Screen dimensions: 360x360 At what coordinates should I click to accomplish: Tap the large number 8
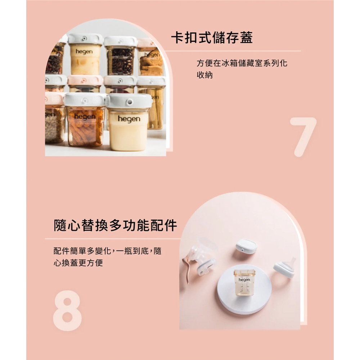coord(67,311)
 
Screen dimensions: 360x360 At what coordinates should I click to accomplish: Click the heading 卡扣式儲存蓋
coord(212,38)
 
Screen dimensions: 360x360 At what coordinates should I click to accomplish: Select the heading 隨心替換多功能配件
coord(116,225)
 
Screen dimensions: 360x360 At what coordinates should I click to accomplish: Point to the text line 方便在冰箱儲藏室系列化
coord(242,63)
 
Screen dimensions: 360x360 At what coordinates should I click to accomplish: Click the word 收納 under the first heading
coord(205,75)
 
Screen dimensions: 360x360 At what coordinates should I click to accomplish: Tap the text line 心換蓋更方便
coord(78,263)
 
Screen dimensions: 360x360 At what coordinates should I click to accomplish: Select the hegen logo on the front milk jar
coord(129,119)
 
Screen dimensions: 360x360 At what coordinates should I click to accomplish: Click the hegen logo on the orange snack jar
coord(85,117)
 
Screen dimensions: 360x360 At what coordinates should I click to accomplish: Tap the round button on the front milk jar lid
coord(130,102)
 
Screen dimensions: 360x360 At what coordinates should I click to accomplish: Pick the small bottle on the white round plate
coord(244,282)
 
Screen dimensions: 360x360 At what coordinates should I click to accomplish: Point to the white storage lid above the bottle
coord(246,246)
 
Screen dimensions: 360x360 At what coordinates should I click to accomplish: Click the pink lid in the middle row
coord(85,80)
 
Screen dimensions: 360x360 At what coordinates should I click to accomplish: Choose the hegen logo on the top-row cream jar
coord(84,51)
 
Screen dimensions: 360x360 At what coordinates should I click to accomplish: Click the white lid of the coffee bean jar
coord(121,41)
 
